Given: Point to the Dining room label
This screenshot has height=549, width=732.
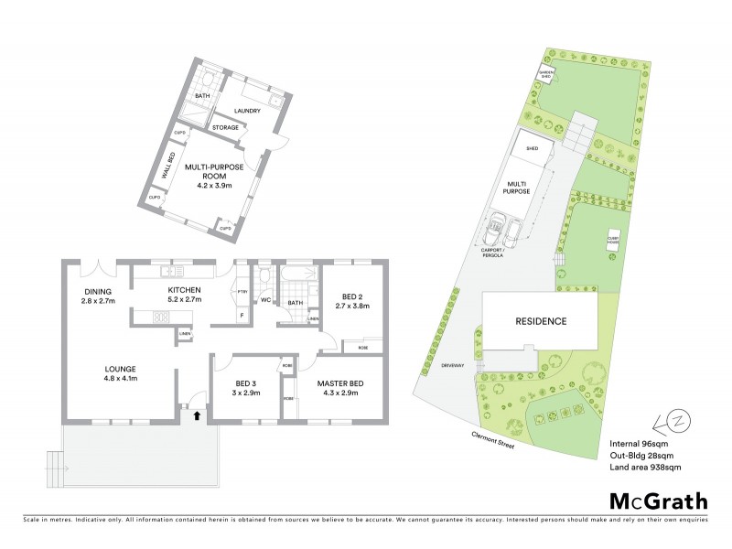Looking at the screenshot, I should click(x=96, y=295).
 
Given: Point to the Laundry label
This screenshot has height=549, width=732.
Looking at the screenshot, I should click(x=248, y=111).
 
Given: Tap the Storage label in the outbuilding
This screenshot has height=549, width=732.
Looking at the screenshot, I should click(x=226, y=127).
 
